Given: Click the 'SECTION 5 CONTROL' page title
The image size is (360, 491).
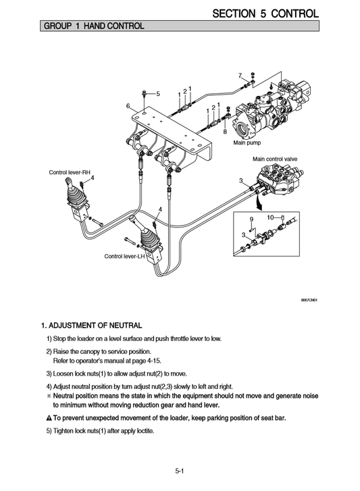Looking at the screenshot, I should pos(265,13).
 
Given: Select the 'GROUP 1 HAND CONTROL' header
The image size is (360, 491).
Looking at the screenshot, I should pos(93,26).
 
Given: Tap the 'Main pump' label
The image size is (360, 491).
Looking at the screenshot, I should pos(247,143).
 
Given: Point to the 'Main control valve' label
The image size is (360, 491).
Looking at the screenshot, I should pos(275,159).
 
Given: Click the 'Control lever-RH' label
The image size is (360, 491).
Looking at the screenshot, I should pos(70,172).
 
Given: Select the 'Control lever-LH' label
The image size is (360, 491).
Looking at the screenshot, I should pos(125,257).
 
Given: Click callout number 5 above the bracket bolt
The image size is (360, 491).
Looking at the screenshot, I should pos(158,93).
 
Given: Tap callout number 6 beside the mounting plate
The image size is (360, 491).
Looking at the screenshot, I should pos(127,106).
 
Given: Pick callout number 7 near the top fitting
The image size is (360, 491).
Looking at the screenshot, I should pos(240,75).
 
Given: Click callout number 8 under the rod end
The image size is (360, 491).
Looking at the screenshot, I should pos(224,132).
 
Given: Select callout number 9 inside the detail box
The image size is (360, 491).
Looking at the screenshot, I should pos(251,219).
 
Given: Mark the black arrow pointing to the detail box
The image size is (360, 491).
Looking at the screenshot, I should pos(259,201).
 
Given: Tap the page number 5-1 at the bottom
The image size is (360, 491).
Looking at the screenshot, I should pos(180,471).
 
